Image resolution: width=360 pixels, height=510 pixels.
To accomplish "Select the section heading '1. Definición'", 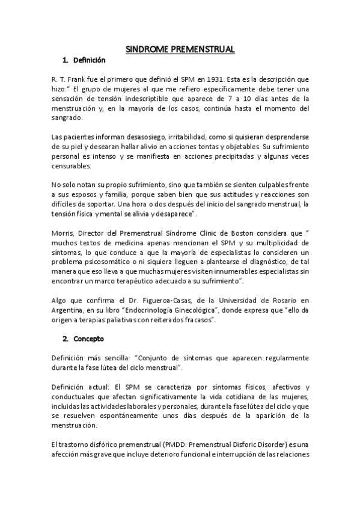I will [x=84, y=60].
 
